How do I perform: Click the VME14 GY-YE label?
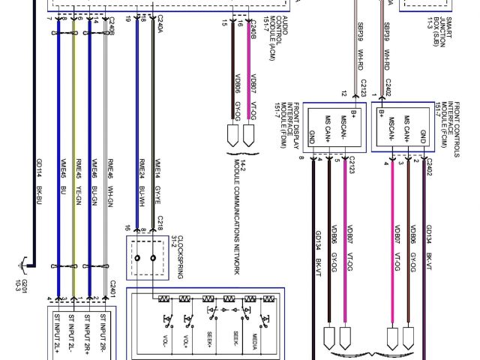pos(158,175)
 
